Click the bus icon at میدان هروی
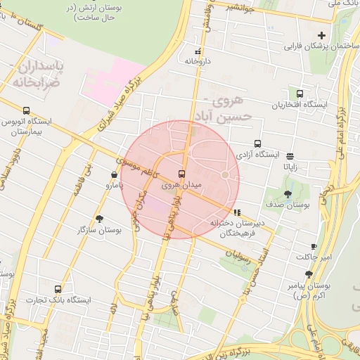coord(182,174)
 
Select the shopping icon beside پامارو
coord(114,175)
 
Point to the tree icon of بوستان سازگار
coord(99,219)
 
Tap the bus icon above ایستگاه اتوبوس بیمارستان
coord(27,110)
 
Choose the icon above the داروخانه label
coord(198,51)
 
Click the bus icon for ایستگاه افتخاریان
coord(300,94)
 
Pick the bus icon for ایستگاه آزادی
coord(257,143)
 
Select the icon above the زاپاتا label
coord(290,156)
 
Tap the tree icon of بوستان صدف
coord(288,194)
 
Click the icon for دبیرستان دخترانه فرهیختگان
coord(238,212)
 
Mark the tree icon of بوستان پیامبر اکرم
coord(309,275)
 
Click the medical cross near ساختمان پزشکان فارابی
coord(322,35)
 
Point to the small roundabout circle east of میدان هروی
coord(225,174)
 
